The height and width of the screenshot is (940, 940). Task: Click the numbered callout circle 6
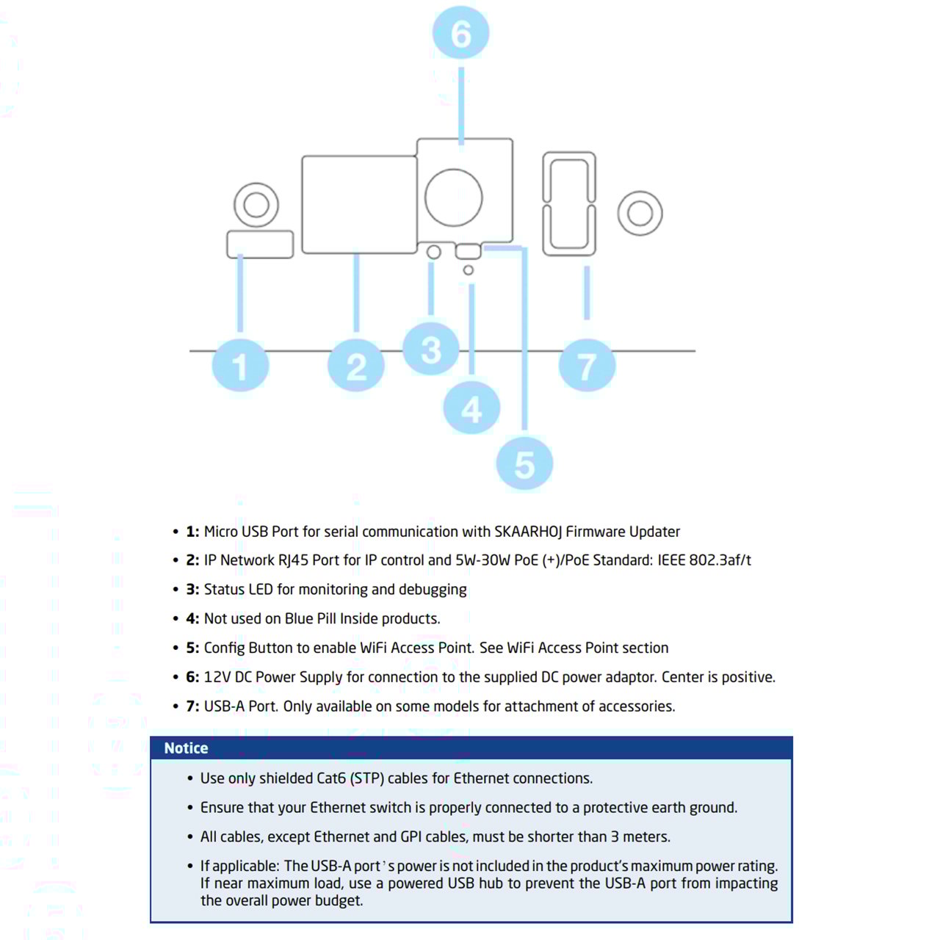coord(460,33)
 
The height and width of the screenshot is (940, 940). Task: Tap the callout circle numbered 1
coord(240,365)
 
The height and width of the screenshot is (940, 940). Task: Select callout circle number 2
coord(356,365)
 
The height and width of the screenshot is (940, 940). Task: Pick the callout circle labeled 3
coord(431,349)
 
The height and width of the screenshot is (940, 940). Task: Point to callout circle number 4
coord(471,408)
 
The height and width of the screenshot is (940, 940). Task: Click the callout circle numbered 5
coord(524,463)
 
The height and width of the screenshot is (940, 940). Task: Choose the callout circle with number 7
coord(587,365)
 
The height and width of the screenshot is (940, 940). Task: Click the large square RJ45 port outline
coord(359,204)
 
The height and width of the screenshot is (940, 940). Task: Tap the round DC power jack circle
coord(454,198)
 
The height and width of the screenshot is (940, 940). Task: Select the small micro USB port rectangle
coord(260,245)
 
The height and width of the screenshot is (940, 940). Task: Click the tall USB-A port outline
coord(569,203)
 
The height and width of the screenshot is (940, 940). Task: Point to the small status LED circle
coord(434,253)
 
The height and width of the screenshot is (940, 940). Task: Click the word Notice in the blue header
coord(186,748)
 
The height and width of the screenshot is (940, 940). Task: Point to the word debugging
coord(433,590)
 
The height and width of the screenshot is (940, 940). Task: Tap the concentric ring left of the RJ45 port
coord(256,205)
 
